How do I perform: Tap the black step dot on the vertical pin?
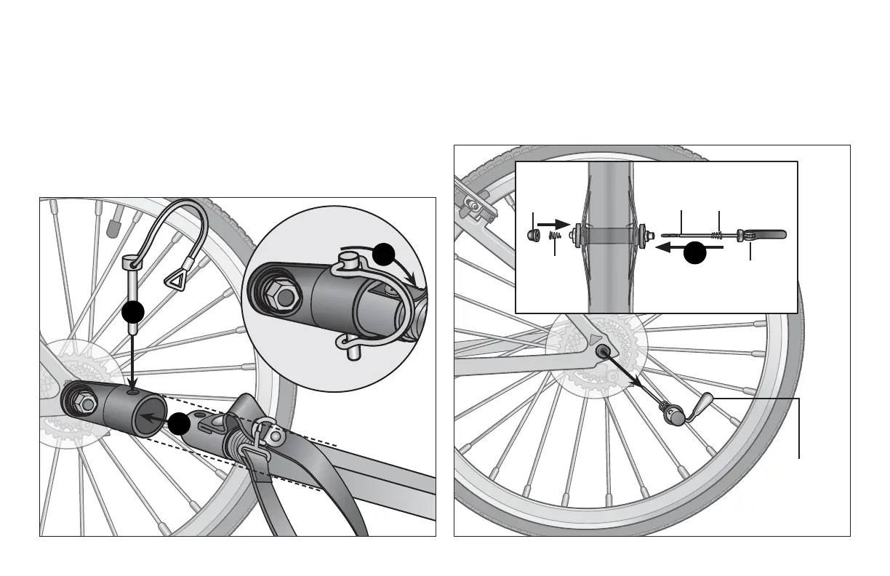[x=132, y=312]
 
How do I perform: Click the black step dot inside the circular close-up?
[x=383, y=254]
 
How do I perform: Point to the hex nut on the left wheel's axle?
[x=81, y=402]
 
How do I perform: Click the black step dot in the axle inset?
[x=696, y=252]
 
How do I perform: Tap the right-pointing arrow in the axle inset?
[x=554, y=224]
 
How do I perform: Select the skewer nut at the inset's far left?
[x=533, y=235]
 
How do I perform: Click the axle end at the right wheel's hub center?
[x=604, y=351]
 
